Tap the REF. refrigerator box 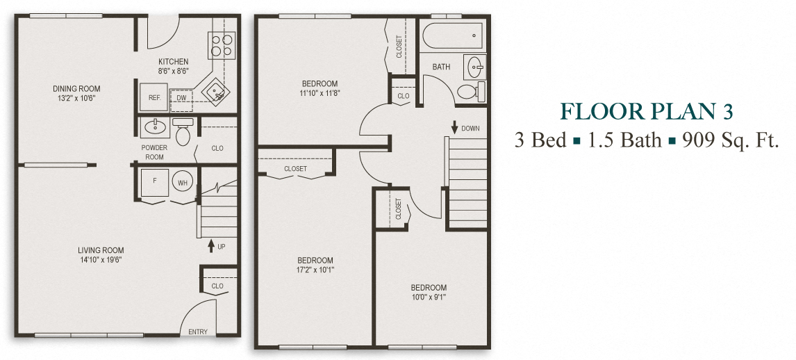(154, 98)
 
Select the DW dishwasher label (181, 99)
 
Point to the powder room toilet (183, 134)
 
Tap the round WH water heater (183, 183)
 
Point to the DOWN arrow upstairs (454, 128)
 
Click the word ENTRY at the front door (198, 332)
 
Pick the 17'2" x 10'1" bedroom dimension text (314, 270)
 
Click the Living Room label (101, 250)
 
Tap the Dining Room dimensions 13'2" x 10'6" (76, 98)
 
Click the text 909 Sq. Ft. (729, 140)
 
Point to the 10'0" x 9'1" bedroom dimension (429, 297)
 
